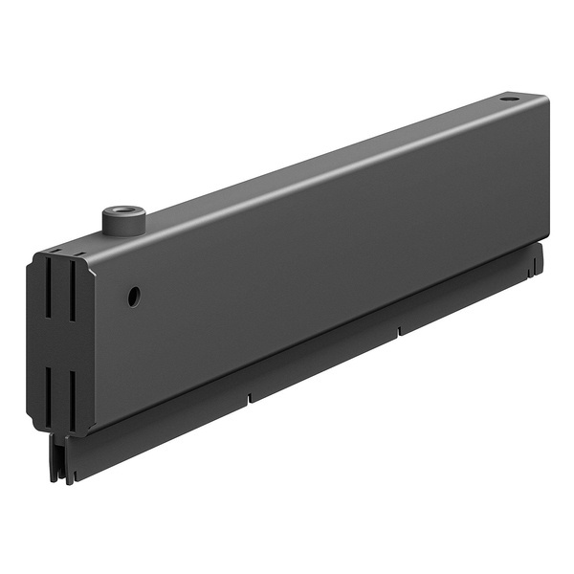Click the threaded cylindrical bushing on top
point(122,221)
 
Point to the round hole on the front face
point(134,296)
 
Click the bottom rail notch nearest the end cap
point(249,395)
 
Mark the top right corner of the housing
point(547,97)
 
